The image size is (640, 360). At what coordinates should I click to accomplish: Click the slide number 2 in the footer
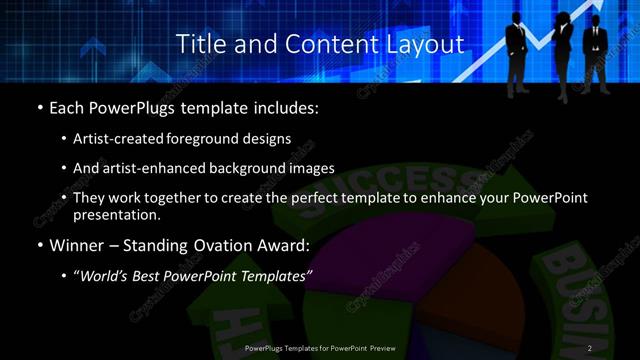pos(590,348)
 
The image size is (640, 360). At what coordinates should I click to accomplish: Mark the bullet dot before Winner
pos(40,245)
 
